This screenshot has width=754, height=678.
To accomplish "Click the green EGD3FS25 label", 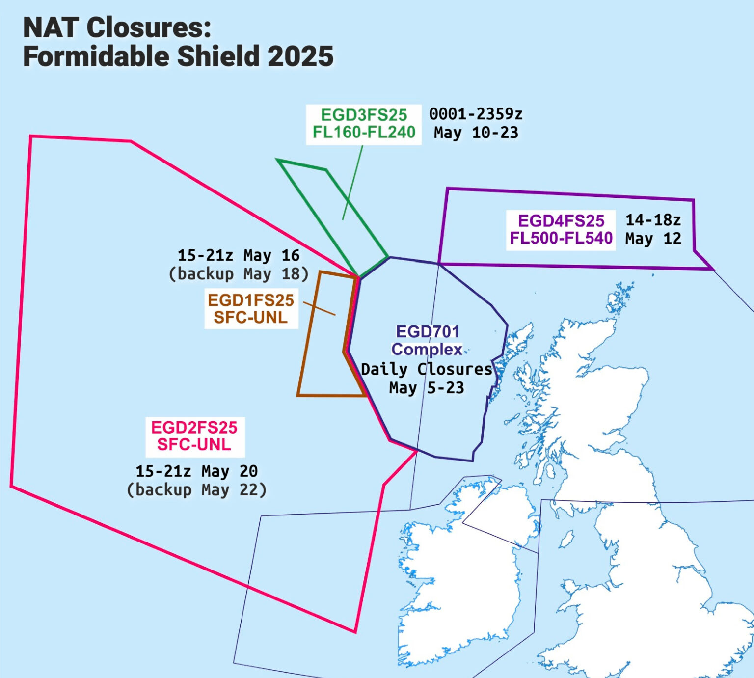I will (x=364, y=115).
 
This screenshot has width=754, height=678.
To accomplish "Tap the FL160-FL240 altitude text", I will (x=364, y=132).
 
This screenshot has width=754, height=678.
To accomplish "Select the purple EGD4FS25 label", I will (x=561, y=221).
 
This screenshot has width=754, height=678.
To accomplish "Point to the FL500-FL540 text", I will (x=561, y=238).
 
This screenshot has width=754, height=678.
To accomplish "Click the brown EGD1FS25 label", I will (x=250, y=300).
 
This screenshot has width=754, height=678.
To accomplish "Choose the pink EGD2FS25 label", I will (x=194, y=427).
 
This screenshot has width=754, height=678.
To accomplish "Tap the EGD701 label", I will (x=428, y=332).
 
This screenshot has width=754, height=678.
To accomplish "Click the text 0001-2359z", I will (x=476, y=114).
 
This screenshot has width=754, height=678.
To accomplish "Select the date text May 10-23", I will (x=476, y=133).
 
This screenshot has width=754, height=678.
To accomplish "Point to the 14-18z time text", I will (x=653, y=220).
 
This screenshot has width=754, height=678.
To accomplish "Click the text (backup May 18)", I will (x=239, y=273).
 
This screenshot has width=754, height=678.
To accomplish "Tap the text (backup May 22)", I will (x=196, y=489).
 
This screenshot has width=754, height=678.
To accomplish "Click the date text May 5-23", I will (x=426, y=388).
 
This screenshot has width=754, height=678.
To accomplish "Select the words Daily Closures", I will (x=426, y=369).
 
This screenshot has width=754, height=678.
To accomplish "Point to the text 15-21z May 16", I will (x=239, y=255).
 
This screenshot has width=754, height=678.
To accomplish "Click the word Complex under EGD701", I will (x=427, y=350).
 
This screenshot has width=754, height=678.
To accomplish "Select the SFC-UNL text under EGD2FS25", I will (x=194, y=445).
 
